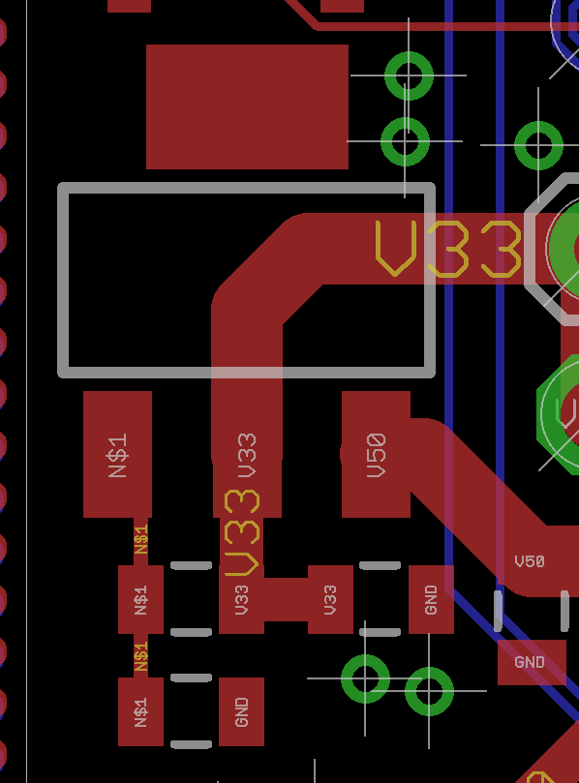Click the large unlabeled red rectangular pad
(x=247, y=106)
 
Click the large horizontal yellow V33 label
(x=448, y=249)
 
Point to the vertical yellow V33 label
(x=242, y=533)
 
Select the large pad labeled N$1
(x=117, y=454)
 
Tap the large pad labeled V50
(x=376, y=454)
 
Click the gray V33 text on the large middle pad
(x=247, y=455)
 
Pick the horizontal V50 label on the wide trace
(x=530, y=561)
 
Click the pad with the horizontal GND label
(x=532, y=662)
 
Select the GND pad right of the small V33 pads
(x=431, y=599)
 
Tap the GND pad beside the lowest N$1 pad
(x=241, y=711)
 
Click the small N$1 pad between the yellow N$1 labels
(x=140, y=599)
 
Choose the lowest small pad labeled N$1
(x=140, y=711)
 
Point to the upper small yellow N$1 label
(x=141, y=539)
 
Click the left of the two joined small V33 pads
(x=241, y=599)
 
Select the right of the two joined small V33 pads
(x=330, y=599)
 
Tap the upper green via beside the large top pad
(x=409, y=75)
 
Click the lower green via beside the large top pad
(x=405, y=142)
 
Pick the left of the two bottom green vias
(x=365, y=678)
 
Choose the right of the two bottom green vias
(x=429, y=692)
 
